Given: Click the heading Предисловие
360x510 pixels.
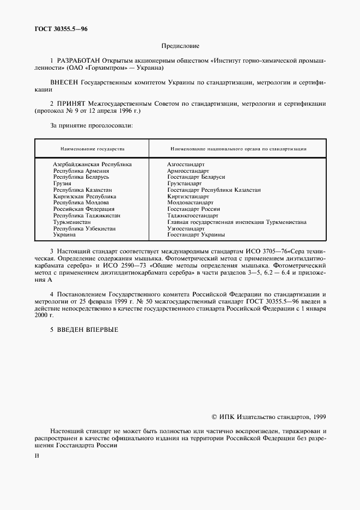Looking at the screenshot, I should (x=180, y=47).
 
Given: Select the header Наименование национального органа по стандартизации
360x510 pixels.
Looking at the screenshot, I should (x=238, y=148).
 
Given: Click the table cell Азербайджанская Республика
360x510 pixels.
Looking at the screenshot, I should (x=92, y=164).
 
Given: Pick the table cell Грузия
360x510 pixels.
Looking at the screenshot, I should (x=62, y=184).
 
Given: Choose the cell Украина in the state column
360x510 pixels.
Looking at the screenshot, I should (x=64, y=235).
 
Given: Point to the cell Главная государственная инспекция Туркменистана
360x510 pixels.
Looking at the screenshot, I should (x=236, y=222).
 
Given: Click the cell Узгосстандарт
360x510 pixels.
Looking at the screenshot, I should (x=186, y=228).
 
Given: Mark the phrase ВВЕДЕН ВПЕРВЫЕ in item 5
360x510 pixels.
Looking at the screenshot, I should (x=88, y=329).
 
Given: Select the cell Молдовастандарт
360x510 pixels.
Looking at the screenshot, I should (x=190, y=203).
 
